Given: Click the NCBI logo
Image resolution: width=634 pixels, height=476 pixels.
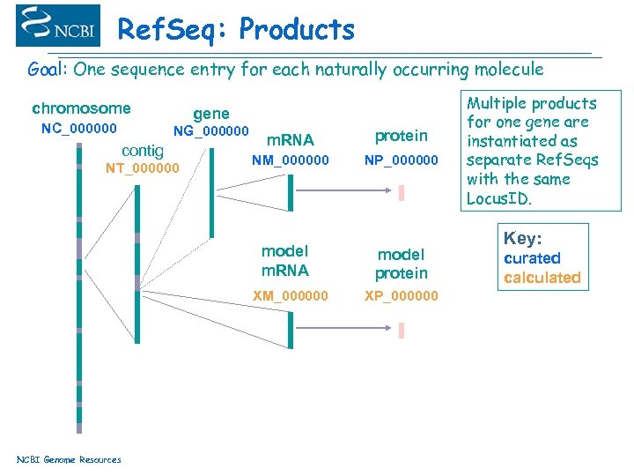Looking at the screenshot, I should coord(58,26).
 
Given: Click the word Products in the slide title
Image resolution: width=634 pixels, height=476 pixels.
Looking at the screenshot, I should coord(296,30).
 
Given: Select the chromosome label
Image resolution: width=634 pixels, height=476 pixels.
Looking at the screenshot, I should coord(81,109).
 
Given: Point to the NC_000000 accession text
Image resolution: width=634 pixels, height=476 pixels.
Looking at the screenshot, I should coord(79,129).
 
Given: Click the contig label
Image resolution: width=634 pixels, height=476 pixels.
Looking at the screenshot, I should coord(142,150).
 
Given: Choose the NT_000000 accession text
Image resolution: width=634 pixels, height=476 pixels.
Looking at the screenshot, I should coord(142,168).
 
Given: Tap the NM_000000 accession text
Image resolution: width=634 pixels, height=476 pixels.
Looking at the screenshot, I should coord(291,160).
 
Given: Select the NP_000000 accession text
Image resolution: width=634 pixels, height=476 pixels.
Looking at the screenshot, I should coord(401,160).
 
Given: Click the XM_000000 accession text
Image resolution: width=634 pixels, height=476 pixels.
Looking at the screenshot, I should coord(291,295).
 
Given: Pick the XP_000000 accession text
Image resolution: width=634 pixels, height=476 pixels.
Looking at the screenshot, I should coord(401,295).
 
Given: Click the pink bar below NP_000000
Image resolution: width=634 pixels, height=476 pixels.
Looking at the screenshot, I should coord(402,192).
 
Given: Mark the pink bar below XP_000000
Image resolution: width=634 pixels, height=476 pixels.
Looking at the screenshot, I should coord(402,331).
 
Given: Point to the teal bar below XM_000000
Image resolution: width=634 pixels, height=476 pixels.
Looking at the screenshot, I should coord(291,330).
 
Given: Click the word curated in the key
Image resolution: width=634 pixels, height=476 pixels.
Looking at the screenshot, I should coord(532,258).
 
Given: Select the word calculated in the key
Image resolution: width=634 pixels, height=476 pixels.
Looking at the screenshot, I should coord(542,278).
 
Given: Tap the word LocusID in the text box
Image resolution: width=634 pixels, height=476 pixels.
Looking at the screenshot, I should coord(498,198).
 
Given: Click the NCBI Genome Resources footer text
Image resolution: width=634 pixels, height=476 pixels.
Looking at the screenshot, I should coord(69,459).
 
